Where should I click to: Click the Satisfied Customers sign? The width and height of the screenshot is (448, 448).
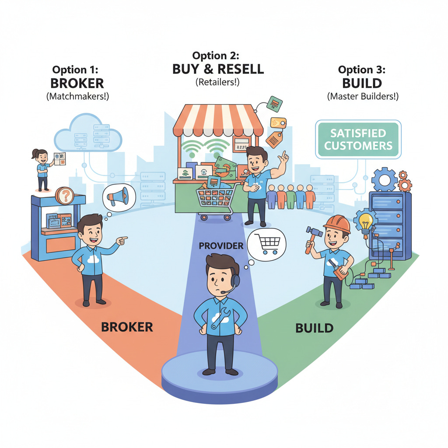(x=358, y=139)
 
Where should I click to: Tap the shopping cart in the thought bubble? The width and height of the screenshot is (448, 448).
(x=266, y=243)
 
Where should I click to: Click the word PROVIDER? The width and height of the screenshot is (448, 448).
(x=221, y=246)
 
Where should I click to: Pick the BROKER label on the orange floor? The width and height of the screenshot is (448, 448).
(x=127, y=326)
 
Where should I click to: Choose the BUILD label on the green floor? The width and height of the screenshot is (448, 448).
(x=314, y=327)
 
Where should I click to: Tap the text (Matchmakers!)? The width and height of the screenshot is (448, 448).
(x=77, y=97)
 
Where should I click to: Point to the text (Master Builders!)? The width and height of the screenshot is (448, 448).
(x=363, y=96)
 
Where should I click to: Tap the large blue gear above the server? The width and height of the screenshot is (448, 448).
(x=385, y=179)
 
